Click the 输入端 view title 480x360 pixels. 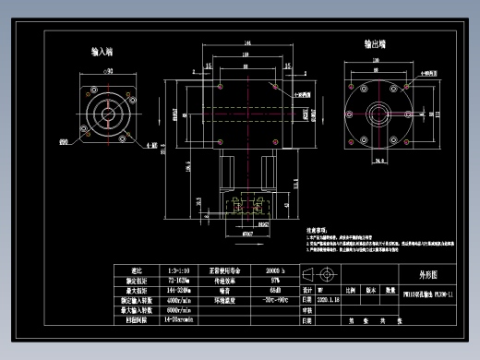point(102,53)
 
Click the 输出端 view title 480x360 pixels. point(375,43)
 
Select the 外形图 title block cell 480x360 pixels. point(417,274)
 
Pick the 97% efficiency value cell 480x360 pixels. point(275,282)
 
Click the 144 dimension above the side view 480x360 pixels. point(246,44)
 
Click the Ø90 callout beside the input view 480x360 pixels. point(64,142)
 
